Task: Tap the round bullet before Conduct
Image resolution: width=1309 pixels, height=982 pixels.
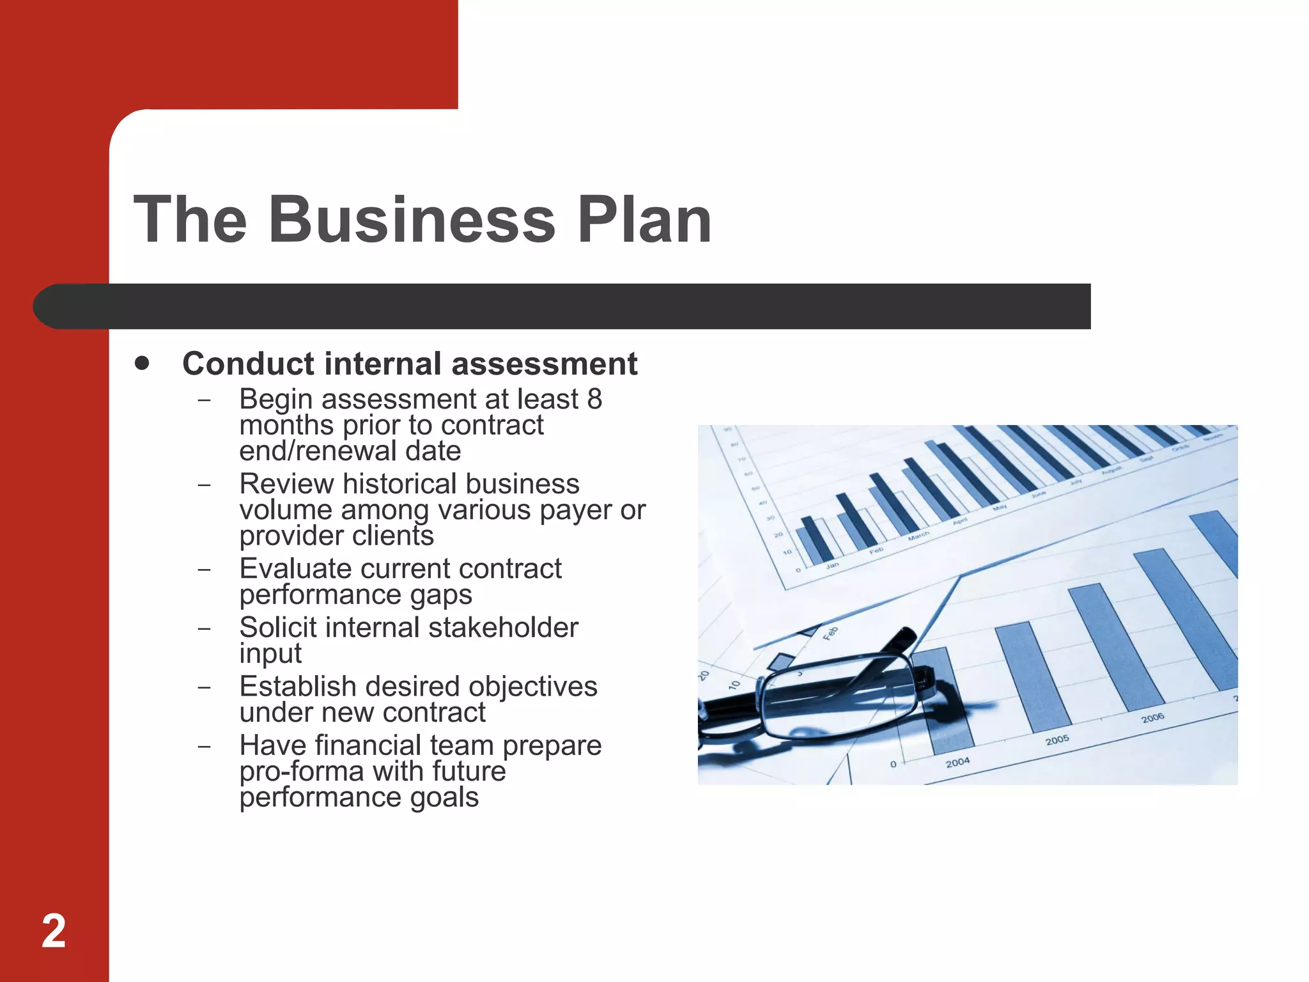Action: [143, 363]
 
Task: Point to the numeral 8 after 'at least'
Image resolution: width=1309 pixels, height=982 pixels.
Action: [594, 399]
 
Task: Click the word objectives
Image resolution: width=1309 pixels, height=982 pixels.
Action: [532, 687]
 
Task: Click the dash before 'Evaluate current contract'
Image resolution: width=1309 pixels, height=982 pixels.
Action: [205, 569]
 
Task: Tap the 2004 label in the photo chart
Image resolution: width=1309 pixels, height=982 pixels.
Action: [957, 762]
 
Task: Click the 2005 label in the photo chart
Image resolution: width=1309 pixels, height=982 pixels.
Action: [1057, 740]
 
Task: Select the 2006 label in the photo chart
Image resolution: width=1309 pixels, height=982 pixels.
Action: [1152, 718]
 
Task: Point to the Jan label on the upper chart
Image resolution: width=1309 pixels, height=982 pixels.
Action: [832, 565]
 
